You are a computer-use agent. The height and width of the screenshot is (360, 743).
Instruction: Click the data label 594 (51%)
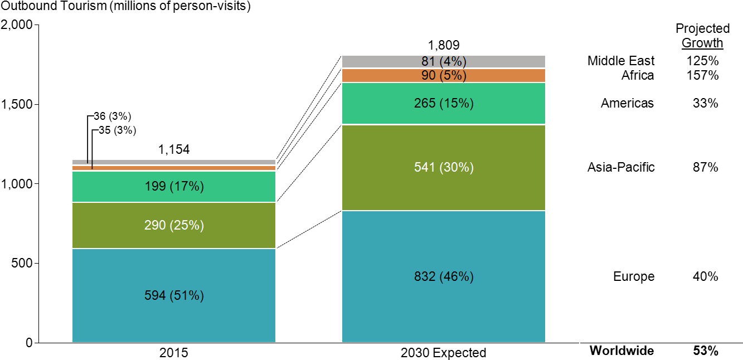(174, 295)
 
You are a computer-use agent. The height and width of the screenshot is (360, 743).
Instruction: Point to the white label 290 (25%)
(174, 225)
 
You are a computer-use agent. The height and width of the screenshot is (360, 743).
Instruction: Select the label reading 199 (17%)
(174, 187)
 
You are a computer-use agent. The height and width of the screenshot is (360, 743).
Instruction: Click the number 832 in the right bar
(424, 277)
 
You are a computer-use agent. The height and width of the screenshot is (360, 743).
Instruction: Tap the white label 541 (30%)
(444, 167)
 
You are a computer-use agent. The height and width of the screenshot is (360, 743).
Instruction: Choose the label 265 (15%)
(444, 104)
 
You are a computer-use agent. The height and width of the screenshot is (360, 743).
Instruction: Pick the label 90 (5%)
(444, 76)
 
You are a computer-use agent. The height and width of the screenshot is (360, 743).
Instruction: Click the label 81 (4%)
(444, 62)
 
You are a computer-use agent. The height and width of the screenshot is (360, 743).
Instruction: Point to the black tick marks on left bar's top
(90, 163)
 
